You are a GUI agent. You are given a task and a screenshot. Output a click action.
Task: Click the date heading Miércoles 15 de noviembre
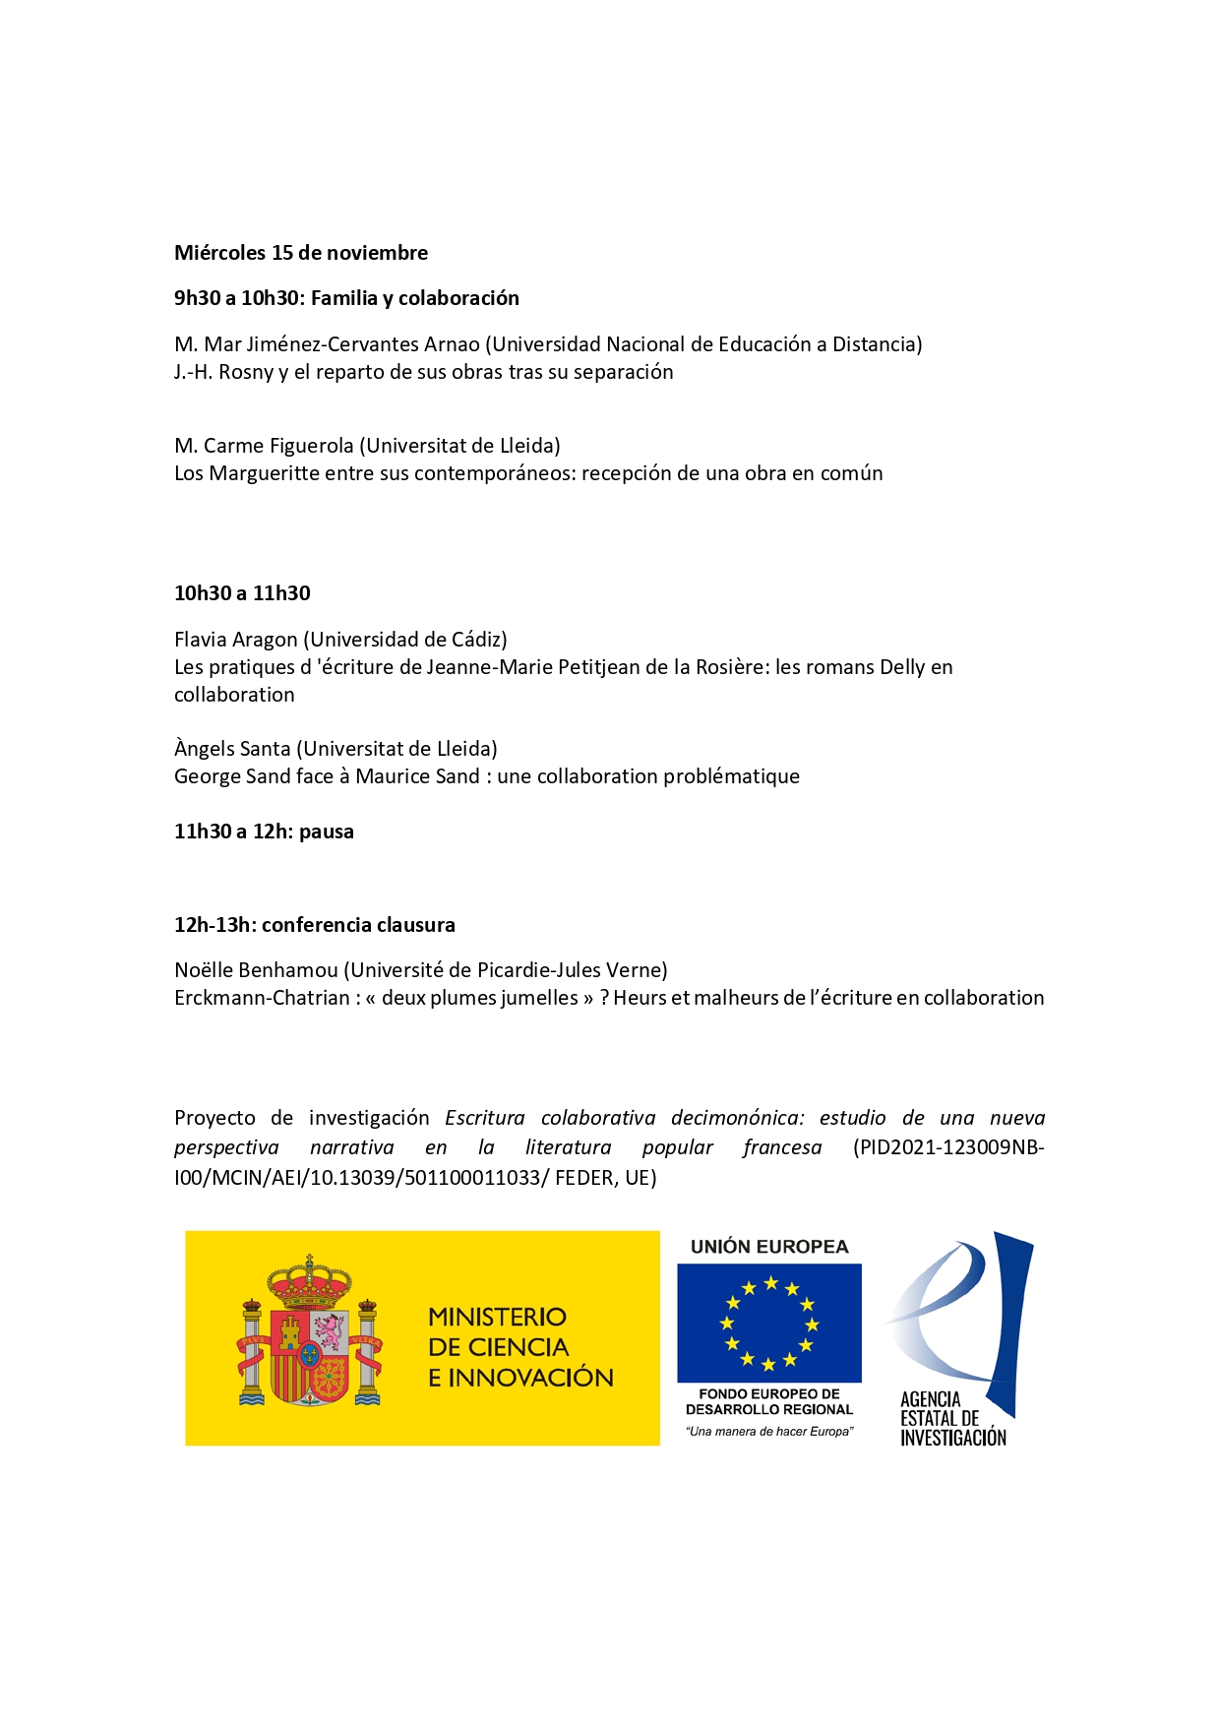tap(301, 253)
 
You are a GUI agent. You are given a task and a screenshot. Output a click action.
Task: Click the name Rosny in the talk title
tap(246, 372)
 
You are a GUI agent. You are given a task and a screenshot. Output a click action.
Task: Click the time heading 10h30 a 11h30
tap(242, 593)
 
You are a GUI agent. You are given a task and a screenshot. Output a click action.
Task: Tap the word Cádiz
tap(475, 640)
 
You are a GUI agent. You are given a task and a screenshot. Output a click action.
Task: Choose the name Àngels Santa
tap(232, 749)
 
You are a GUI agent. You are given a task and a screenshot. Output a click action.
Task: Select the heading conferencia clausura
tap(358, 925)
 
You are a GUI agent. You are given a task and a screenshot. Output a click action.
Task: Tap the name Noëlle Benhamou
tap(256, 970)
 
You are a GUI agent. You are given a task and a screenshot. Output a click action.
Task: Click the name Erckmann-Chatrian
tap(262, 998)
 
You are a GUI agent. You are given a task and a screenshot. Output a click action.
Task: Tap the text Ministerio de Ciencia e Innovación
tap(519, 1346)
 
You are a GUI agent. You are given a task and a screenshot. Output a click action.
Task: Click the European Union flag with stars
tap(768, 1323)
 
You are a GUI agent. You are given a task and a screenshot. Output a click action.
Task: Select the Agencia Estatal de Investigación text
tap(952, 1418)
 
